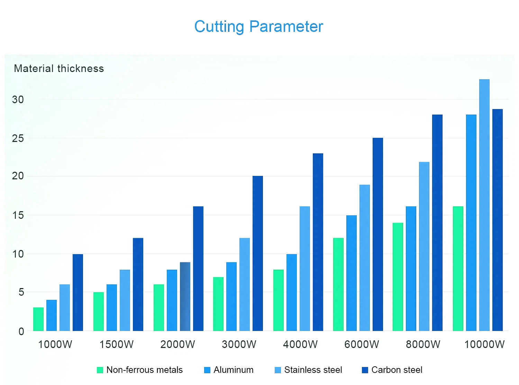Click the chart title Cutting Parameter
tap(258, 27)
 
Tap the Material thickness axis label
tap(59, 69)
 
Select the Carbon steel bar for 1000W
tap(78, 293)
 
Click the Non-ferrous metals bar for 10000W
tap(458, 269)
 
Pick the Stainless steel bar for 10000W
tap(484, 205)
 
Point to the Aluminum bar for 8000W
tap(411, 269)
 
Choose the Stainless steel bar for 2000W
tap(185, 296)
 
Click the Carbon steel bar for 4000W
tap(318, 242)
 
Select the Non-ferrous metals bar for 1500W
tap(99, 312)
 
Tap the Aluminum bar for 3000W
tap(231, 296)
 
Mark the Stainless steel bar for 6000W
tap(365, 258)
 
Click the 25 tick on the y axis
tap(18, 138)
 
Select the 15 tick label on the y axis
tap(18, 215)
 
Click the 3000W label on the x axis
tap(239, 344)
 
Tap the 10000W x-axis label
tap(484, 344)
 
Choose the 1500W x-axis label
tap(117, 344)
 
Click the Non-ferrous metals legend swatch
tap(100, 370)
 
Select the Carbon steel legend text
tap(397, 370)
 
